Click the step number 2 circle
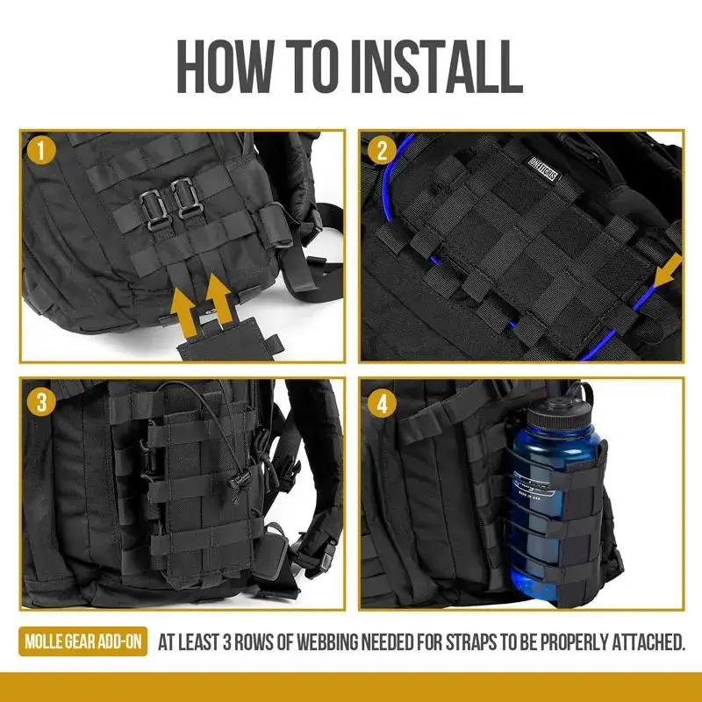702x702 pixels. (380, 150)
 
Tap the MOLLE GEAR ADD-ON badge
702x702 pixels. (83, 642)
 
